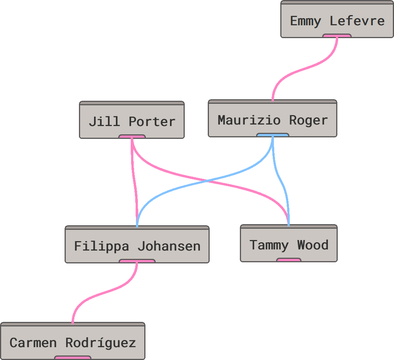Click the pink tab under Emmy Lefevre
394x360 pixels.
pos(337,36)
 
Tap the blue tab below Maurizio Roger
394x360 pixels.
pos(273,135)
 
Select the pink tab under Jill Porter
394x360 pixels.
pos(132,137)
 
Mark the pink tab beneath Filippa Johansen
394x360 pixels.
pos(137,261)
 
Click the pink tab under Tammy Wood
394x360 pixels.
pos(289,260)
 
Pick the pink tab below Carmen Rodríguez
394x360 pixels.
pos(73,357)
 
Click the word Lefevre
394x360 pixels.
pos(357,21)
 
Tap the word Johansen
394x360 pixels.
pos(168,246)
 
